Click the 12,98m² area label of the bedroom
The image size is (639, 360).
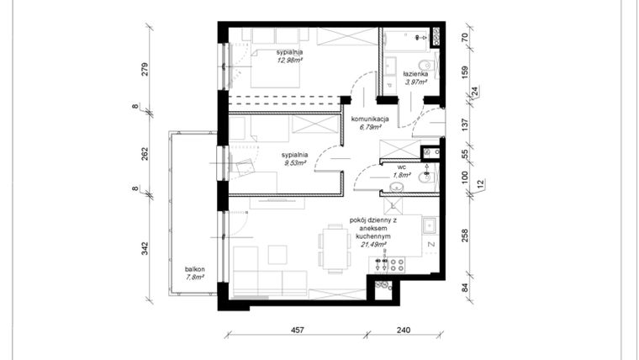coord(290,61)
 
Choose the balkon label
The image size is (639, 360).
coord(195,270)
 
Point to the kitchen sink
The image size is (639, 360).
coord(429,225)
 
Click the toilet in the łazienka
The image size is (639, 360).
coord(425,66)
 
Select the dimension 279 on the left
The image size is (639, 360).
coord(145,69)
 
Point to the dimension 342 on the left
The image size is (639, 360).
coord(145,248)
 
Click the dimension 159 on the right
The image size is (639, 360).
coord(465,72)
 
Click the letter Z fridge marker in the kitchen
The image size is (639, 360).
coord(430,245)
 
